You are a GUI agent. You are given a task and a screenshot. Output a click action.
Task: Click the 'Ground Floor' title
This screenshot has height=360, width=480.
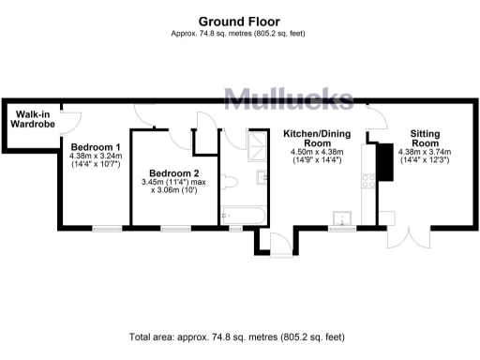point(240,21)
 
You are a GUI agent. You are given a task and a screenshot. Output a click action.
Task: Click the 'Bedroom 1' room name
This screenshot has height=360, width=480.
point(95,146)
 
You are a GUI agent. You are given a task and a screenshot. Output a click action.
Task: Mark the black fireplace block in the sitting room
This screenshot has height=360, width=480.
point(382,162)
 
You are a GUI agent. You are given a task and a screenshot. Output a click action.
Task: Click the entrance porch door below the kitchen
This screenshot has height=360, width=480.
point(277,245)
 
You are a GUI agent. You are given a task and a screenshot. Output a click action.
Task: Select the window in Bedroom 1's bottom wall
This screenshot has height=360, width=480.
point(107,227)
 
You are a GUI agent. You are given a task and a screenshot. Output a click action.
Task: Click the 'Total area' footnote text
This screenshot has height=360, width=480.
point(240,336)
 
